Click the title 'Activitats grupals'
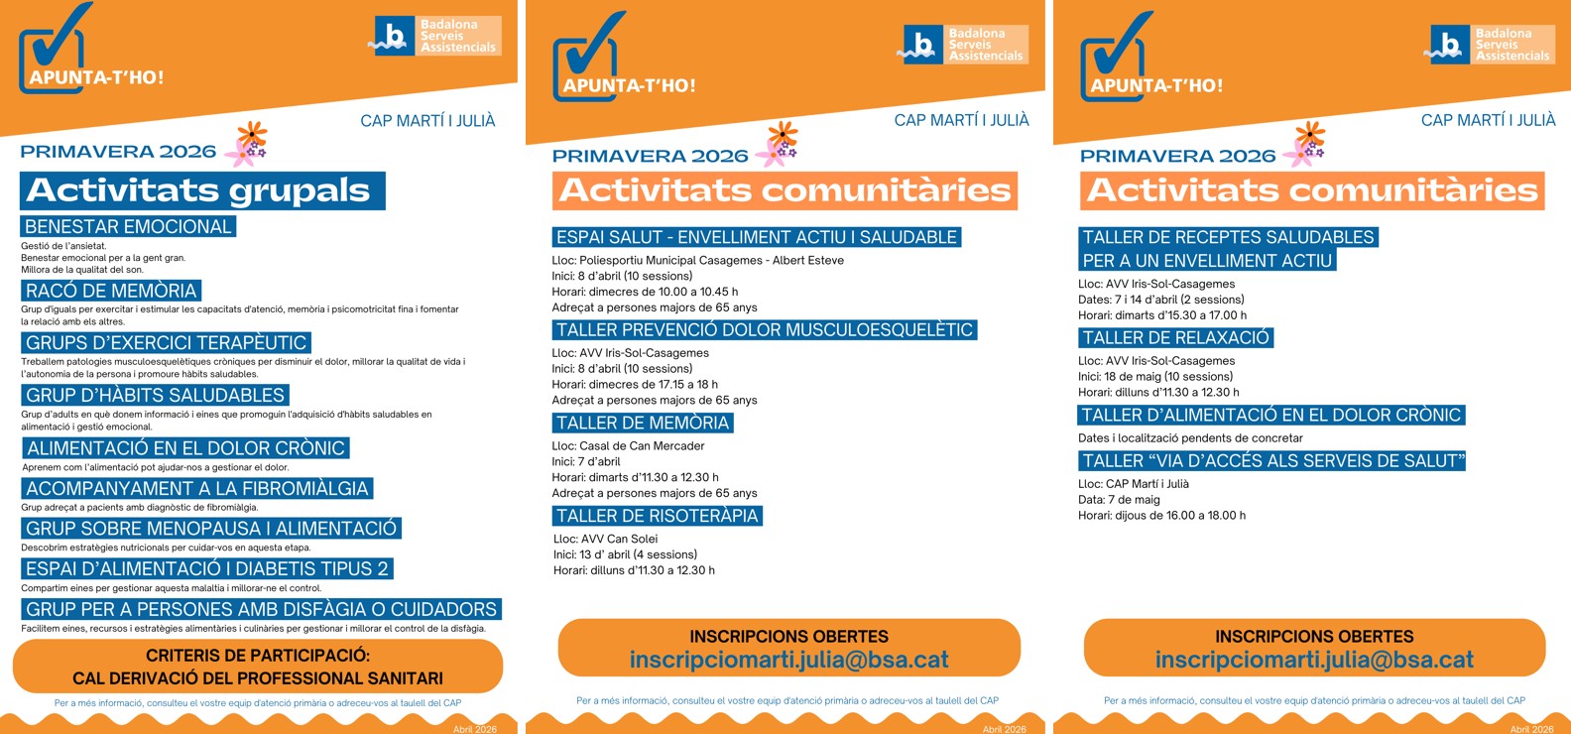point(198,190)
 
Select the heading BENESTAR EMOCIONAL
point(128,227)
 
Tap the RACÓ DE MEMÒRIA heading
point(111,291)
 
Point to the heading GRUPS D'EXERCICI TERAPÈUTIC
point(166,343)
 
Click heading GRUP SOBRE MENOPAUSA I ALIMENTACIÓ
point(211,529)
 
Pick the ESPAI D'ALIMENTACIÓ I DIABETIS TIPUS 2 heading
point(207,569)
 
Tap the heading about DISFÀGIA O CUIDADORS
point(261,609)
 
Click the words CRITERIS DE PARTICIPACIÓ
point(257,656)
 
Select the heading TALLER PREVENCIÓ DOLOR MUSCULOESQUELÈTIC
point(764,330)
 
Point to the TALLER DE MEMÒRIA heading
point(643,424)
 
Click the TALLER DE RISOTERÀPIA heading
point(657,516)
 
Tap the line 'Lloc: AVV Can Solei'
point(605,539)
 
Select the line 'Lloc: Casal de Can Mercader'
point(628,446)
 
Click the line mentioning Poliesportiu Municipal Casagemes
point(697,261)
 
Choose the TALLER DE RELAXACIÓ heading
point(1175,338)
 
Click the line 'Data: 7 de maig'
point(1119,500)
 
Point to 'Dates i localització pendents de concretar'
point(1190,438)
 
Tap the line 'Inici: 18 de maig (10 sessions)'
point(1155,377)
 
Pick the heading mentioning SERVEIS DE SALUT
point(1272,461)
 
